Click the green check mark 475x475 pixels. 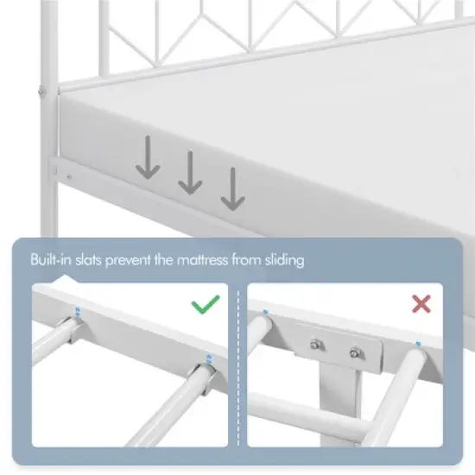point(204,304)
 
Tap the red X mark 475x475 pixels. point(421,304)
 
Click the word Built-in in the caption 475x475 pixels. point(51,259)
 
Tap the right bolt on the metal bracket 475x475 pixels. point(355,352)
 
